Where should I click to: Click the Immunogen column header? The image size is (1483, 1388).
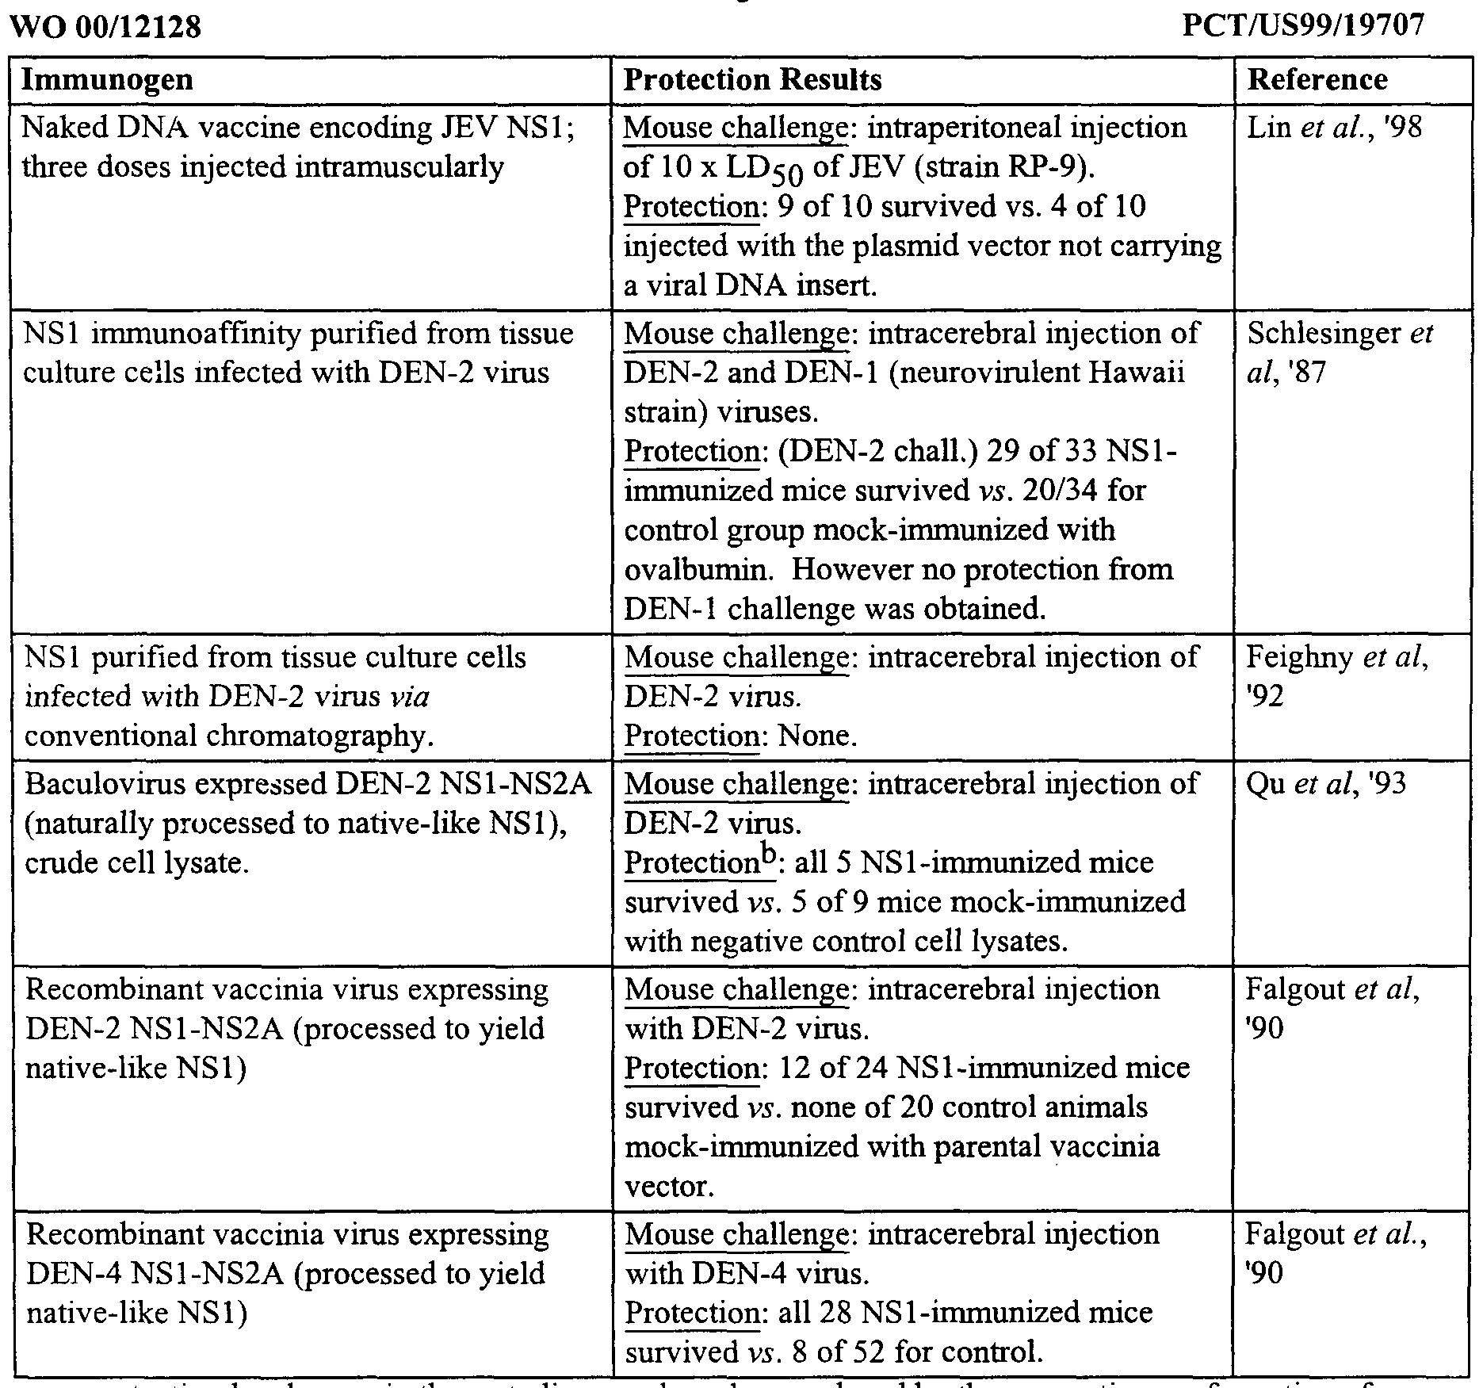pos(107,80)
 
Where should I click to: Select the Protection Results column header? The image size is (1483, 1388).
pos(752,80)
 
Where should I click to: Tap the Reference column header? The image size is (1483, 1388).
pos(1317,80)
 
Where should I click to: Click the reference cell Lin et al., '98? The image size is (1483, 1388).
pos(1335,128)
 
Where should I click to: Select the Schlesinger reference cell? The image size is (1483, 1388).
pos(1340,352)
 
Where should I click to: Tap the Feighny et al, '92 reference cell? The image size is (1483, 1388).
pos(1336,676)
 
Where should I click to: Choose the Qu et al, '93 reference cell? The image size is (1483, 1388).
pos(1326,784)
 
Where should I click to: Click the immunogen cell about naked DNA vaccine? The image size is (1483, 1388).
pos(298,147)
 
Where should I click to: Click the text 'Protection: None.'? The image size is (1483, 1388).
pos(740,736)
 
